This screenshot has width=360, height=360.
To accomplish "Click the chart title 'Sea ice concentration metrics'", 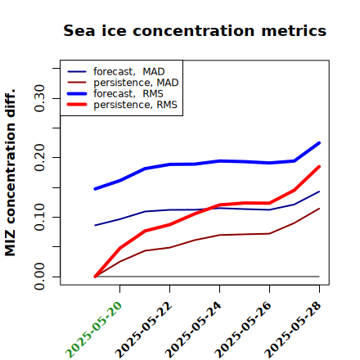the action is pyautogui.click(x=195, y=30).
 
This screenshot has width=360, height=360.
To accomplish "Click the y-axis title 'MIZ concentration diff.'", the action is pyautogui.click(x=10, y=173).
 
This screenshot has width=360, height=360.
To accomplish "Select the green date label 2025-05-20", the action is pyautogui.click(x=93, y=330).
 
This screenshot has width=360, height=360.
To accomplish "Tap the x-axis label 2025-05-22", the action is pyautogui.click(x=143, y=330).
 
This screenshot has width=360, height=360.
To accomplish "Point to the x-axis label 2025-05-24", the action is pyautogui.click(x=193, y=330).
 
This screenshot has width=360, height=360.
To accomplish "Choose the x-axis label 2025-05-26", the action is pyautogui.click(x=243, y=330).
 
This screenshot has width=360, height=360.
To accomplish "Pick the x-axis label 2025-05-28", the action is pyautogui.click(x=293, y=330).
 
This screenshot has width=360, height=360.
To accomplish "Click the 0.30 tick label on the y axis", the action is pyautogui.click(x=39, y=98).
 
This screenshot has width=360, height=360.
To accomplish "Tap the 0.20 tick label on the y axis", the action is pyautogui.click(x=39, y=158).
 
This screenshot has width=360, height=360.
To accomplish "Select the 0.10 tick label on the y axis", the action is pyautogui.click(x=39, y=217).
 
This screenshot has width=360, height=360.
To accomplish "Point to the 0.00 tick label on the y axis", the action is pyautogui.click(x=39, y=277).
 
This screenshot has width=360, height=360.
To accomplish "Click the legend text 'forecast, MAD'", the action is pyautogui.click(x=129, y=72).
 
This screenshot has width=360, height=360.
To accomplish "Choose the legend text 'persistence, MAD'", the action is pyautogui.click(x=136, y=83).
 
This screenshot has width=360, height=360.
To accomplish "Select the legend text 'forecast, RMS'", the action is pyautogui.click(x=128, y=93).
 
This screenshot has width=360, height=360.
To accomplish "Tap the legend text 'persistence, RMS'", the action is pyautogui.click(x=135, y=105).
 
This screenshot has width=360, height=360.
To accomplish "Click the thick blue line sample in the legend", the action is pyautogui.click(x=77, y=94).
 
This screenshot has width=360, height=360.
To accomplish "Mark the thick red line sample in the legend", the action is pyautogui.click(x=77, y=105).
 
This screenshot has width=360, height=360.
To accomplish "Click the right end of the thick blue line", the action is pyautogui.click(x=319, y=143).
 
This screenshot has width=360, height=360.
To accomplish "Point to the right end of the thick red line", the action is pyautogui.click(x=319, y=167).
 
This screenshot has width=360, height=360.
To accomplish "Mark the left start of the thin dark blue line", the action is pyautogui.click(x=95, y=225).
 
